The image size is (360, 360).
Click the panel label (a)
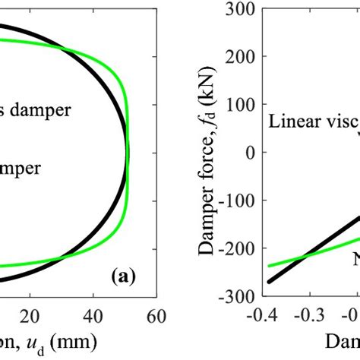coord(123,277)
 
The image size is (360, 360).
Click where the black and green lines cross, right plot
coord(311,252)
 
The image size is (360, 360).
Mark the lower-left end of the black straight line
coord(269,282)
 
